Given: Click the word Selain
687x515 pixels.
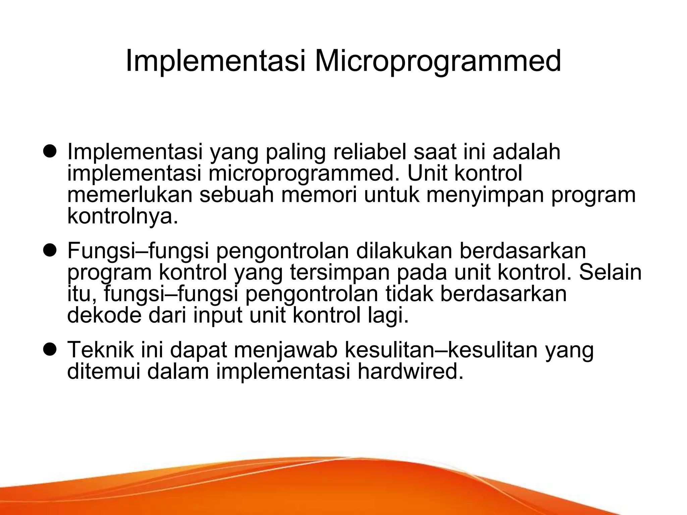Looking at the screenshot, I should point(610,272).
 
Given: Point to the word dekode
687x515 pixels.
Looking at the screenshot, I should point(104,315).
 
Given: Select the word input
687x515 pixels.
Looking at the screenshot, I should point(218,316).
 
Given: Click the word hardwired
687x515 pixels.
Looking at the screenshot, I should point(410,371).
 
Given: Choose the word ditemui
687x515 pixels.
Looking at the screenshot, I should point(104,371).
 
